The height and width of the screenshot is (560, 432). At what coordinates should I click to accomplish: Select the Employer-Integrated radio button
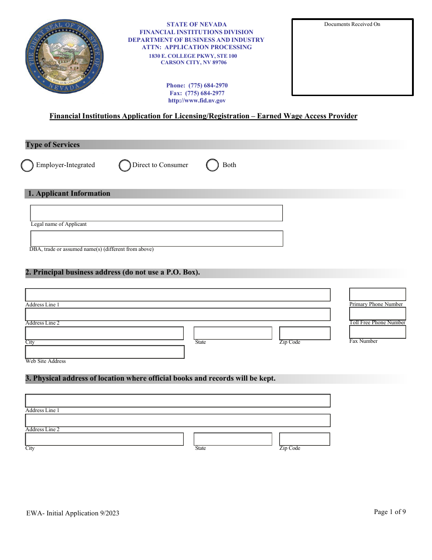click(x=27, y=165)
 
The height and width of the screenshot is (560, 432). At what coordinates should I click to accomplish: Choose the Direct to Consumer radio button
click(x=125, y=165)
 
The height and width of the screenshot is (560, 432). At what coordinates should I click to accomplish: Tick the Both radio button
click(x=212, y=165)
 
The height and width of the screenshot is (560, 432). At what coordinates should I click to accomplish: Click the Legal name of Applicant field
click(x=156, y=213)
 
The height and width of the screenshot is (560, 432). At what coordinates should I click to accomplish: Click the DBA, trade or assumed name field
click(x=156, y=239)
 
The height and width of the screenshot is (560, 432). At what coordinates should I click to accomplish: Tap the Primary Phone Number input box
click(x=377, y=295)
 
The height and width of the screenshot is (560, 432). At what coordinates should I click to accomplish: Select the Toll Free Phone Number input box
click(x=377, y=314)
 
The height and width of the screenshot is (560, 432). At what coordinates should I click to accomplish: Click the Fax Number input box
click(x=377, y=332)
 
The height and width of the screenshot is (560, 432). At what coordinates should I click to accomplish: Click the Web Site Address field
click(x=105, y=352)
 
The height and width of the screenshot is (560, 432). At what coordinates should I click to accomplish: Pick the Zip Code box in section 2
click(x=305, y=333)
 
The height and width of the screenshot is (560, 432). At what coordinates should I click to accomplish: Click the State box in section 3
click(x=233, y=439)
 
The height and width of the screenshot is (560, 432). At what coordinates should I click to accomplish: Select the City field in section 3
click(x=105, y=439)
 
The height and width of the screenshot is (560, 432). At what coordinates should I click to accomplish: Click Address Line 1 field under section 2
click(x=178, y=295)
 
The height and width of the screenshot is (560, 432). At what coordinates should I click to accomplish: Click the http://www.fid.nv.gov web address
click(x=197, y=101)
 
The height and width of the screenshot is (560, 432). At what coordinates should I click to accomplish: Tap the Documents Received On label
click(x=352, y=24)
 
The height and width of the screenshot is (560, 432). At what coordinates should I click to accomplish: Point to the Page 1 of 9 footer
click(x=390, y=512)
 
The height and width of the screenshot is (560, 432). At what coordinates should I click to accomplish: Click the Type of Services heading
click(x=53, y=145)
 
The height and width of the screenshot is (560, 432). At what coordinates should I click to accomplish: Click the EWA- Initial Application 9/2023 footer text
click(x=73, y=513)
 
